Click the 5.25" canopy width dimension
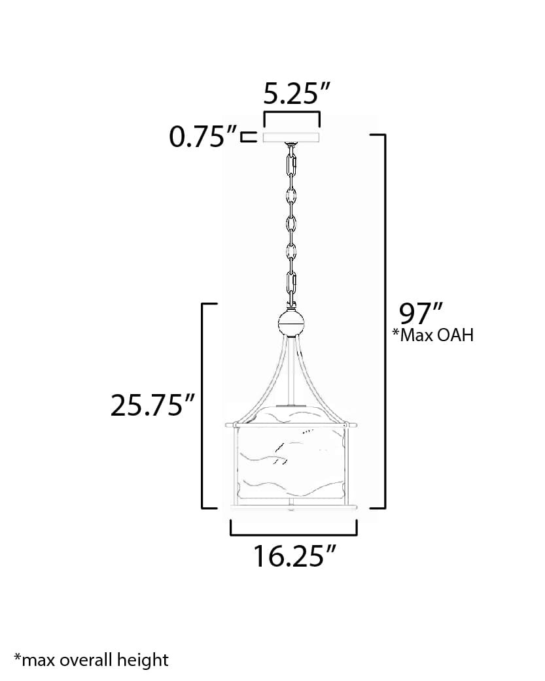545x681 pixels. pos(290,95)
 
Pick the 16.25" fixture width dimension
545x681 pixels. pos(294,556)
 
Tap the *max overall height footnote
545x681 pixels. pos(91,659)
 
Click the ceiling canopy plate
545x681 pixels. pos(291,137)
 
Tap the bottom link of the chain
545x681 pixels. pos(292,285)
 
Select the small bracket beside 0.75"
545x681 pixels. pos(247,137)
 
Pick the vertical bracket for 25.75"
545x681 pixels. pos(202,405)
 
